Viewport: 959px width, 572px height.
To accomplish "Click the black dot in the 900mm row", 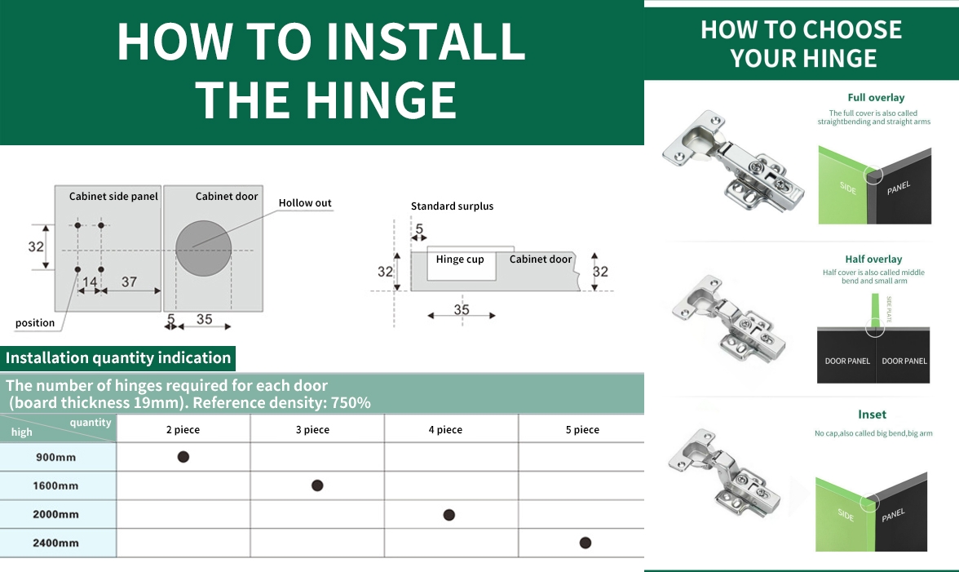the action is pos(183,456).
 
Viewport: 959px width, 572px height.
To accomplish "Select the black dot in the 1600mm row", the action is pos(316,486).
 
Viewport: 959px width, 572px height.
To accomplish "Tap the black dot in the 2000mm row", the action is pos(449,515).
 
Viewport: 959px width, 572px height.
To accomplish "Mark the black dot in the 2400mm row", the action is pos(586,543).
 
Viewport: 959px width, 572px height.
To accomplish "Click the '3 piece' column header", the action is pos(312,429).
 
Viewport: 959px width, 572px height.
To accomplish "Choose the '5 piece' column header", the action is pos(582,429).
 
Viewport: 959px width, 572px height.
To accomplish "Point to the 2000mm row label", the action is pos(55,514).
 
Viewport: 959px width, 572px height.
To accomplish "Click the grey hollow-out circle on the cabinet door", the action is pos(204,248).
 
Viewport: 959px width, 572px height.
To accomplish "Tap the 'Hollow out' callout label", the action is pos(305,203).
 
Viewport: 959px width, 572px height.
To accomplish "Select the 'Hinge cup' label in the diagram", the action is pos(460,259).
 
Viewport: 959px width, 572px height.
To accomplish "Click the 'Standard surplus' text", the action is pos(452,206).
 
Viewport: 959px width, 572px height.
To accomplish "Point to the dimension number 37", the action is pos(129,282).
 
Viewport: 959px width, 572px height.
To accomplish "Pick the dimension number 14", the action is pos(90,282).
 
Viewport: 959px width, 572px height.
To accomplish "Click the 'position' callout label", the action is pos(35,323).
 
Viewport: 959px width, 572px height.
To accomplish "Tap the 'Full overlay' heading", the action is pos(876,97).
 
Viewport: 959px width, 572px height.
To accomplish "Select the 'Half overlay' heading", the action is pos(873,259).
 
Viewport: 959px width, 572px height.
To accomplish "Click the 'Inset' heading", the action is pos(873,415).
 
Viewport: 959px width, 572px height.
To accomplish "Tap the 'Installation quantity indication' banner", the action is pos(118,358).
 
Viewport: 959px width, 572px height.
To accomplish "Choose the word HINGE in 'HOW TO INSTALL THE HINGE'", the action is pos(380,100).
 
